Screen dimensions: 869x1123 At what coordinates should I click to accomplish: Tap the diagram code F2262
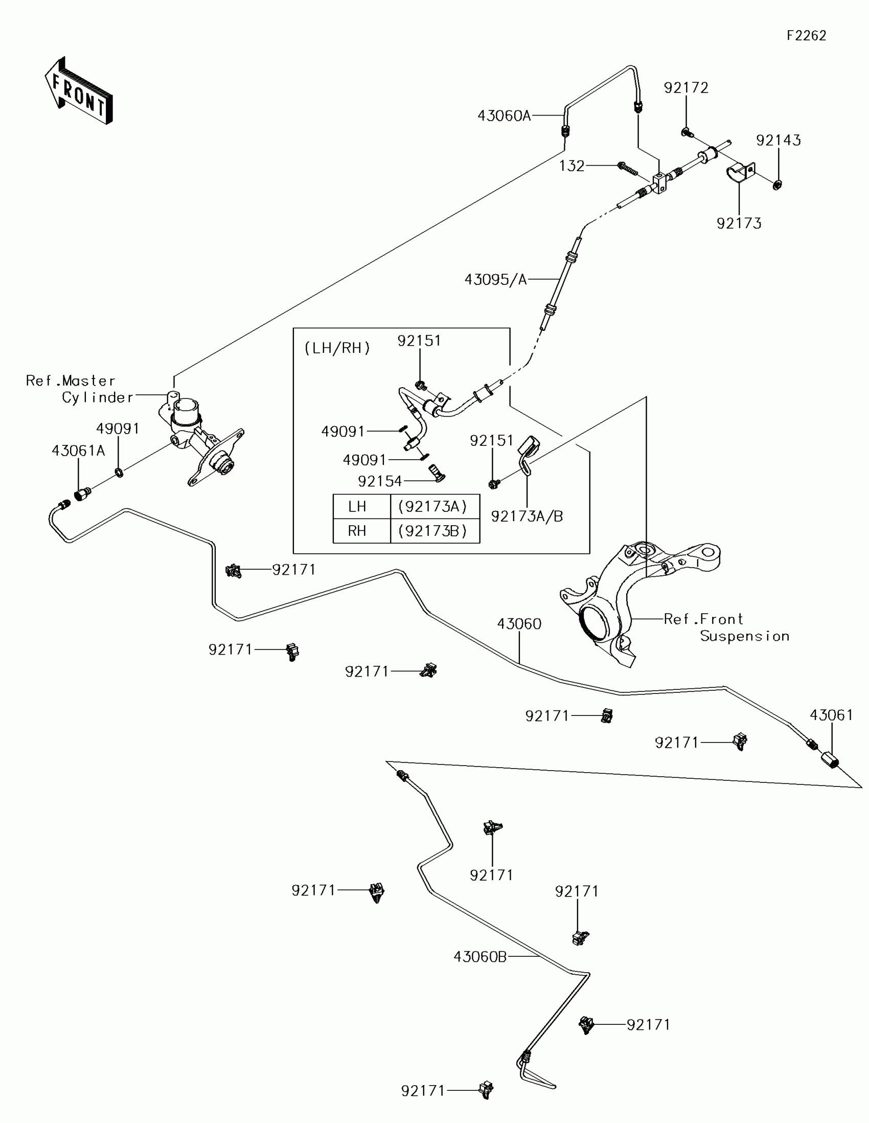pyautogui.click(x=806, y=35)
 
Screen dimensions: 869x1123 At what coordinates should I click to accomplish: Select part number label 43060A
pyautogui.click(x=504, y=116)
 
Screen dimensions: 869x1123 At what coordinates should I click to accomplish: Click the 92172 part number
pyautogui.click(x=686, y=88)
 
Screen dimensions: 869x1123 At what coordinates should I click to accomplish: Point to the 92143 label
pyautogui.click(x=779, y=140)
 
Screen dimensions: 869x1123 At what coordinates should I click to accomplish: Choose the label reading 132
pyautogui.click(x=572, y=166)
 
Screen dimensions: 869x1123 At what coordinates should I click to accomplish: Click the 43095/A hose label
pyautogui.click(x=496, y=280)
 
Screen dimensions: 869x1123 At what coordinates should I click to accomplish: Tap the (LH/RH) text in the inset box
pyautogui.click(x=337, y=348)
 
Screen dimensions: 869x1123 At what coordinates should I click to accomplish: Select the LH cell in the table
pyautogui.click(x=357, y=506)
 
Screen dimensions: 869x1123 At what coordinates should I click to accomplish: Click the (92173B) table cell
pyautogui.click(x=432, y=531)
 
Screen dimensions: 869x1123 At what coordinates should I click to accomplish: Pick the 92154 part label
pyautogui.click(x=380, y=481)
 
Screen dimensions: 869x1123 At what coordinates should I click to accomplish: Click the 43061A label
pyautogui.click(x=78, y=451)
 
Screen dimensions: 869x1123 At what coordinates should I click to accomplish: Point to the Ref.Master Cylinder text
pyautogui.click(x=79, y=389)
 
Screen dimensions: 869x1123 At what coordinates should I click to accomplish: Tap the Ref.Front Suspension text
pyautogui.click(x=727, y=627)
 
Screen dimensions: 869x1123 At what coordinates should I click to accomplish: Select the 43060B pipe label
pyautogui.click(x=480, y=957)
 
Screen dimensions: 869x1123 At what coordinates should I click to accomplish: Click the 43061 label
pyautogui.click(x=832, y=715)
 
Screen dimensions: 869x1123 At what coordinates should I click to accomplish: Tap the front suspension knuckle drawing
pyautogui.click(x=640, y=601)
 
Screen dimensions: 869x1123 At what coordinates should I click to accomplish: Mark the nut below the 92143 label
pyautogui.click(x=777, y=184)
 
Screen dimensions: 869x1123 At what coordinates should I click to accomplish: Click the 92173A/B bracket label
pyautogui.click(x=527, y=516)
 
